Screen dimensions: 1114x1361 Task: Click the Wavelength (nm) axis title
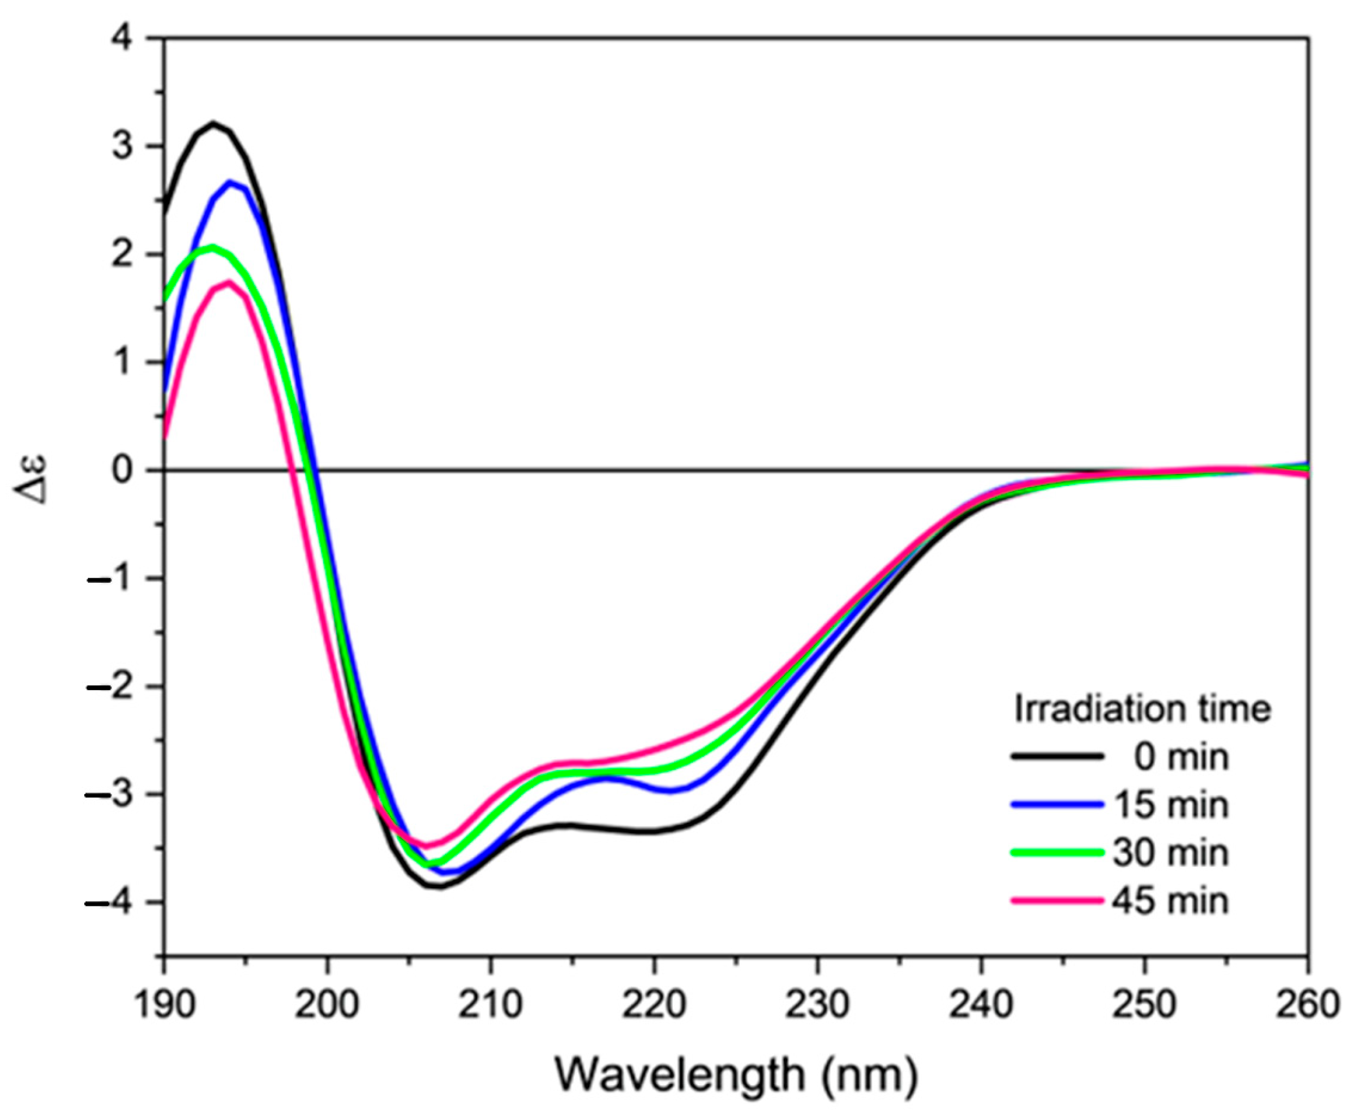click(736, 1074)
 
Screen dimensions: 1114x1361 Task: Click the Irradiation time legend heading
click(1142, 709)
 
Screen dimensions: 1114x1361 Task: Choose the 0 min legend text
click(1180, 757)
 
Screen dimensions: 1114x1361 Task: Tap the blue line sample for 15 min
click(1057, 805)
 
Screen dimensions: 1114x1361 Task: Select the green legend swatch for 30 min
click(1057, 853)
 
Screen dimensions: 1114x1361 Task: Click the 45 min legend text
click(1170, 901)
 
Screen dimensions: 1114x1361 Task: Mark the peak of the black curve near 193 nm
click(214, 123)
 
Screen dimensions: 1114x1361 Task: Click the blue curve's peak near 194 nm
click(230, 182)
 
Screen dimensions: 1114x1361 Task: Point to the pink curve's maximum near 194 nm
click(229, 282)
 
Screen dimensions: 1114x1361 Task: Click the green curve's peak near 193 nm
click(212, 247)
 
